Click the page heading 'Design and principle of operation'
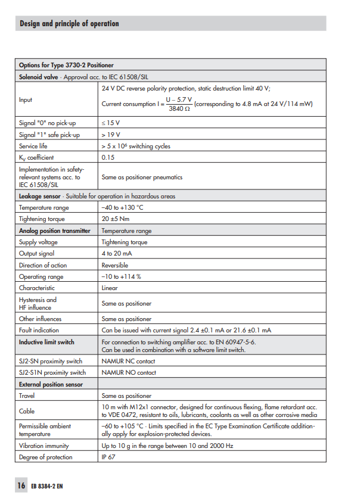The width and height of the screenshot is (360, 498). click(69, 24)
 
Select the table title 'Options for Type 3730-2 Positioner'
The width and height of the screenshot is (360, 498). click(66, 65)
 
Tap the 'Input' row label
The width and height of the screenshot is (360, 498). click(26, 100)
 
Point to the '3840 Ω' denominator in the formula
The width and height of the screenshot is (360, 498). click(179, 109)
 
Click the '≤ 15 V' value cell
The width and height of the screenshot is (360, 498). click(111, 123)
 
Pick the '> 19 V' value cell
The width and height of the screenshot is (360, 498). click(111, 135)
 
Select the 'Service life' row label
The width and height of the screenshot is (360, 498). click(33, 146)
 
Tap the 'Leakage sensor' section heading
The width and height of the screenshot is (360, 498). click(39, 196)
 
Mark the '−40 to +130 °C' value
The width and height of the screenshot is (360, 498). click(122, 207)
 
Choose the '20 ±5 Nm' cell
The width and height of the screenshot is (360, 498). click(116, 219)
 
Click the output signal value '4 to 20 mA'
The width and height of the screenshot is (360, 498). click(117, 254)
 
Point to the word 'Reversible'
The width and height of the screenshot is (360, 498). click(115, 265)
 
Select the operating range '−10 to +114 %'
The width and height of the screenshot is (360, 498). click(121, 276)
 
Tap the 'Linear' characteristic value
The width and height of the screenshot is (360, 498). click(110, 288)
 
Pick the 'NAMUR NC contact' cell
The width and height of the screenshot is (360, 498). click(128, 361)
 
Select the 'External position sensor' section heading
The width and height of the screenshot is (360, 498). click(51, 384)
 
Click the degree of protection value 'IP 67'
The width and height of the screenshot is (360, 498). click(110, 457)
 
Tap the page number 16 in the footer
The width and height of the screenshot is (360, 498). click(21, 485)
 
